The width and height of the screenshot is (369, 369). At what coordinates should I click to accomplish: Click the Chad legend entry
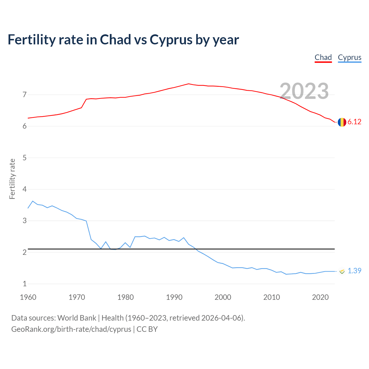(323, 57)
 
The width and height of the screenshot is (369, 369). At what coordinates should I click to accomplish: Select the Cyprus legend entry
(349, 57)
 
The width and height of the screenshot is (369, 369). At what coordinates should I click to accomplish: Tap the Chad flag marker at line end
(342, 122)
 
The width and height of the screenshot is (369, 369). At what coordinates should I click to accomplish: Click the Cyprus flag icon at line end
(342, 271)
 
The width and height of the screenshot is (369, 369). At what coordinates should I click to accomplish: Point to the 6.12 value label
(354, 122)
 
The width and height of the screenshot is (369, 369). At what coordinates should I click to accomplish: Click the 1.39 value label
(354, 271)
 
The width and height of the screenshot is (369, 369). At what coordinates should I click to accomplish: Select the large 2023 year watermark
(304, 91)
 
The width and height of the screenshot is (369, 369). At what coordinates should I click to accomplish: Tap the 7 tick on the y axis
(25, 95)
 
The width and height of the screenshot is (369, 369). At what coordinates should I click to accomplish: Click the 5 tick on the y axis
(25, 158)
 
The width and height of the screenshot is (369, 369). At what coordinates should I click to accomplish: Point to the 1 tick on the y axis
(25, 284)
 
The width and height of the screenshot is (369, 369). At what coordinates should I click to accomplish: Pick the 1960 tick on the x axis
(28, 297)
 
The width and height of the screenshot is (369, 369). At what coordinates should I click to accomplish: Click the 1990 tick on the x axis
(174, 297)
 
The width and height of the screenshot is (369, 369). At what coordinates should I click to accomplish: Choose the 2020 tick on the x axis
(320, 297)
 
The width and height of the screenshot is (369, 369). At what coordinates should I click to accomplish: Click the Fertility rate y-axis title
(12, 179)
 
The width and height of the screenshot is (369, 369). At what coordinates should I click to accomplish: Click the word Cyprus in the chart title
(171, 40)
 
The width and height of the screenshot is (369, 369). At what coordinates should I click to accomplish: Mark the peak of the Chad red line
(189, 84)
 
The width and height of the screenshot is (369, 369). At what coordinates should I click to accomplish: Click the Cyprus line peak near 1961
(33, 201)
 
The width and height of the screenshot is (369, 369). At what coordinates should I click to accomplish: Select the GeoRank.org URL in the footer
(71, 329)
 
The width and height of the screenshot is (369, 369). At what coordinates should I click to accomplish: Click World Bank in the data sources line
(77, 318)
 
